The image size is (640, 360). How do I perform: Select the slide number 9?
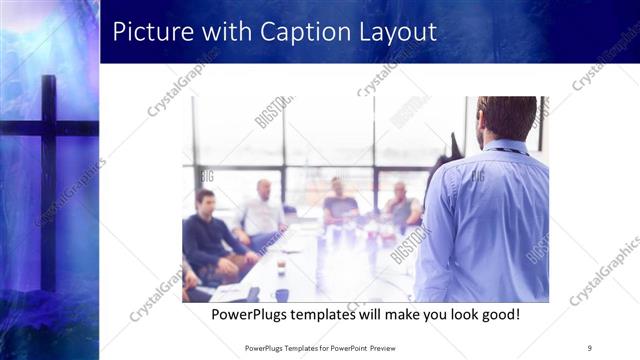pos(589,347)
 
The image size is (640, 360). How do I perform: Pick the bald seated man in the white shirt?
pos(262,210)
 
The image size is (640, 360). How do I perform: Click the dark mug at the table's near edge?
pos(282,294)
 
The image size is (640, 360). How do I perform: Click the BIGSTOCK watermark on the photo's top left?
pos(273,111)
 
